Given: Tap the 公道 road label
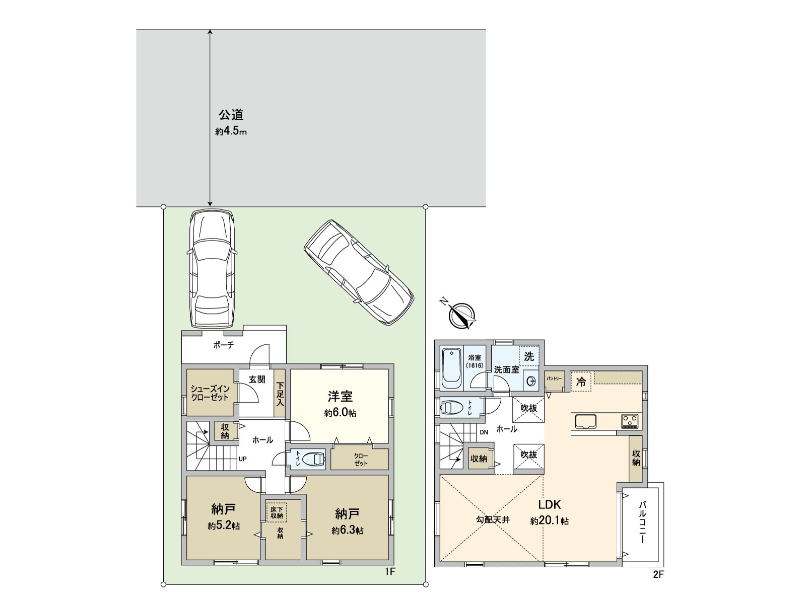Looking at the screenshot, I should [231, 115].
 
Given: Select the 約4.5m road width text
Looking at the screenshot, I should [231, 132].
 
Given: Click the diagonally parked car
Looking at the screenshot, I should [358, 273].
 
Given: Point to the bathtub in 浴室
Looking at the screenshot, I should [452, 368].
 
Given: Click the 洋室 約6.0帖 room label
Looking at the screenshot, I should [341, 404].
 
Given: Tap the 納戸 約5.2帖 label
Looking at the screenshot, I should [224, 517].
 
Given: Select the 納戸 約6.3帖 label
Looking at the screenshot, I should [348, 522].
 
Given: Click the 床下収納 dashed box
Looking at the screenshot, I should [276, 512].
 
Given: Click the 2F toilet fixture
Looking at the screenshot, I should [452, 407].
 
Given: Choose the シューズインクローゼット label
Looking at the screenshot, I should [210, 393].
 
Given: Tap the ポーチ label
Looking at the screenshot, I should [224, 345].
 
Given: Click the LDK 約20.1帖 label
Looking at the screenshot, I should [550, 512].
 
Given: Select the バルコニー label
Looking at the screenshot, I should [642, 522].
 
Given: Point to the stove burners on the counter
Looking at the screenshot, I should [630, 421].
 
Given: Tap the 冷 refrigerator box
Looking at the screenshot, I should [581, 382].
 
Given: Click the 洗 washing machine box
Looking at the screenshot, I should [529, 356].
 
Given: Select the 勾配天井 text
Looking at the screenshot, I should [493, 520].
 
